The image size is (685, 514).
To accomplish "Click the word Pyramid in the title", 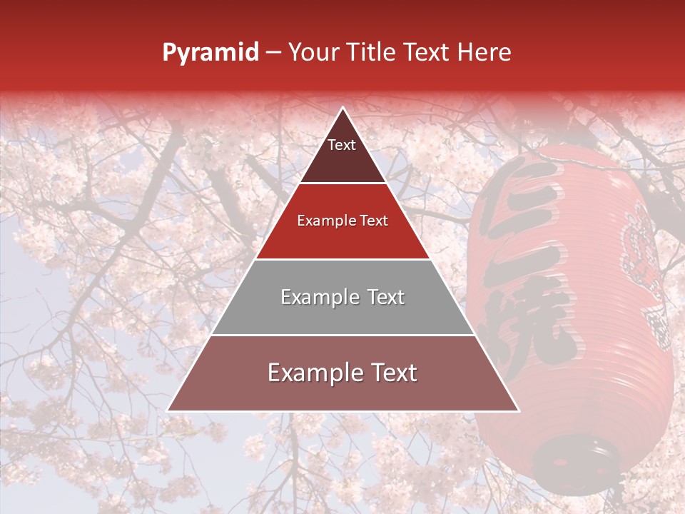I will point(210,53).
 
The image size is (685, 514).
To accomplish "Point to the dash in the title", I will point(273,54).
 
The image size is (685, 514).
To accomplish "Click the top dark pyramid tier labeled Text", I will point(342,153).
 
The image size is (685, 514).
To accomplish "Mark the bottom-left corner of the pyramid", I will point(168,410).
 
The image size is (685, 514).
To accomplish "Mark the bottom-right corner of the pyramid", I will point(517,410).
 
